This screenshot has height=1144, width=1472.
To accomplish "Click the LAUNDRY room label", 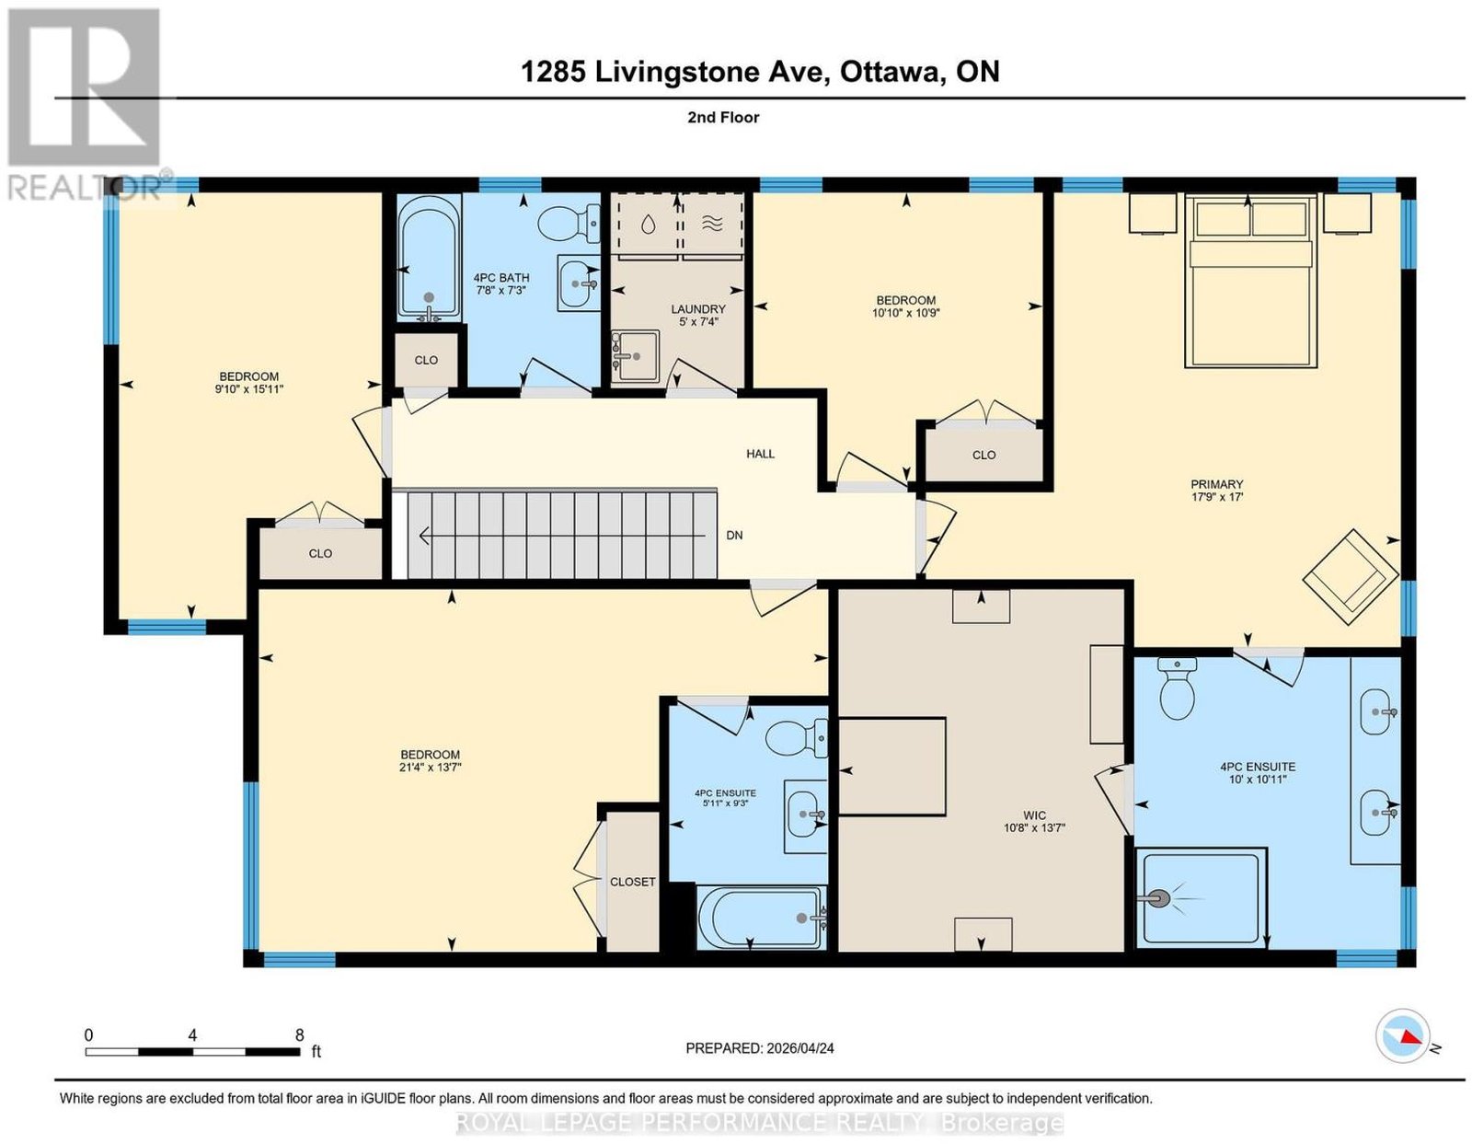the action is pyautogui.click(x=697, y=309).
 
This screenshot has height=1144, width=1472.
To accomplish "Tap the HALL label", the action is pyautogui.click(x=760, y=454).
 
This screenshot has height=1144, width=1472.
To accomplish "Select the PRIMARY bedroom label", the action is pyautogui.click(x=1216, y=484).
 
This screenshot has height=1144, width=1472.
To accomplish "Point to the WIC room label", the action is pyautogui.click(x=1034, y=815).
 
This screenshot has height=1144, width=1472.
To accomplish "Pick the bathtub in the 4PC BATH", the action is pyautogui.click(x=429, y=258).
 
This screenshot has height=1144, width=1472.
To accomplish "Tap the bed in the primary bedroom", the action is pyautogui.click(x=1250, y=281).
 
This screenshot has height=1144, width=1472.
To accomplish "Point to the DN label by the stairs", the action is pyautogui.click(x=734, y=535).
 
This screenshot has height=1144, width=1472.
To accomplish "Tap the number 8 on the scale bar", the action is pyautogui.click(x=299, y=1035).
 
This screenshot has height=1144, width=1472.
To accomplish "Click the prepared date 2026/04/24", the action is pyautogui.click(x=800, y=1048).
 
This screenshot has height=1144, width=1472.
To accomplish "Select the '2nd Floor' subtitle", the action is pyautogui.click(x=723, y=117).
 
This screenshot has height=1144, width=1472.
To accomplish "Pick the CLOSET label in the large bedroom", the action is pyautogui.click(x=632, y=882).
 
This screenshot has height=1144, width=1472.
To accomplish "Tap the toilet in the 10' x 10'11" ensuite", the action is pyautogui.click(x=1177, y=688).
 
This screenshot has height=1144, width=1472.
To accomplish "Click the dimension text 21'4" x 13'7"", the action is pyautogui.click(x=431, y=768).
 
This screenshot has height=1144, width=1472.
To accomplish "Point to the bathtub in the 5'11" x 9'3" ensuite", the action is pyautogui.click(x=762, y=917).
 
